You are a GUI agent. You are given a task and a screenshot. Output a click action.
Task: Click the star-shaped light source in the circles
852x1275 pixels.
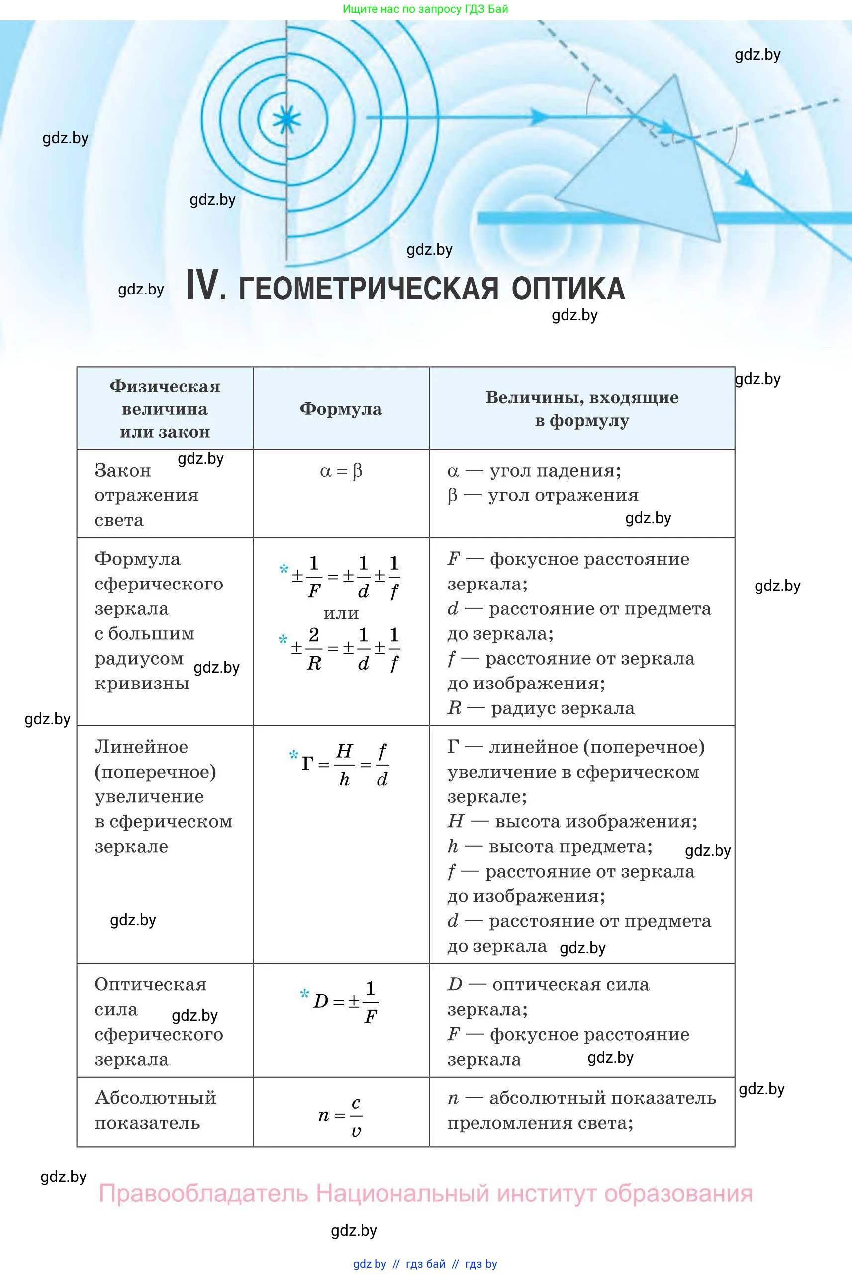click(286, 119)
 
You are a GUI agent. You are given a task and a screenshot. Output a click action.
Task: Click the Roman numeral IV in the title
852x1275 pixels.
click(205, 287)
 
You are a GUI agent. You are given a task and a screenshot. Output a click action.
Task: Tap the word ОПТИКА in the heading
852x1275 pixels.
click(568, 288)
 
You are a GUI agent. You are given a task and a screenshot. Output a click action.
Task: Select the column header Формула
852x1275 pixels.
click(341, 409)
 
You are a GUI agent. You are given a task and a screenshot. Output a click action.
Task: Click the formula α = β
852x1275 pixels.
click(341, 471)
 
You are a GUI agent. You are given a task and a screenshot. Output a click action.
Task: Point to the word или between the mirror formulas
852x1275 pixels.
click(341, 613)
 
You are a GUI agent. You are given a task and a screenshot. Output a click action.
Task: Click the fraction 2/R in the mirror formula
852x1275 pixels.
click(313, 648)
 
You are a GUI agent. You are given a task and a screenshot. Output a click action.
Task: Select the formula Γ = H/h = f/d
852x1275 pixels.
click(345, 764)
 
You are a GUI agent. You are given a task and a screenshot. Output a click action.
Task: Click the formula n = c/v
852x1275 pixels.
click(341, 1116)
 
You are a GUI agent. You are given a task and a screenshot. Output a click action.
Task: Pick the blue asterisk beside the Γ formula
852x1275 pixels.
click(293, 755)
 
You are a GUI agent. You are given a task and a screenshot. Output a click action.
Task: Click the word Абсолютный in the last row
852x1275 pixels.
click(155, 1098)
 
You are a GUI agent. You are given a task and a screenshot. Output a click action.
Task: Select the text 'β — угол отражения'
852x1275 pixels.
click(542, 495)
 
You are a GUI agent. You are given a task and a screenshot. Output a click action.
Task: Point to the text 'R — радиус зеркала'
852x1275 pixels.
click(541, 708)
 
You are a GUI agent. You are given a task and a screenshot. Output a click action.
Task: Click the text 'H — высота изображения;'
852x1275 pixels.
click(572, 821)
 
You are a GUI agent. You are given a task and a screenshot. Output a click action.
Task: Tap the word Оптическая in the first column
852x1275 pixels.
click(151, 984)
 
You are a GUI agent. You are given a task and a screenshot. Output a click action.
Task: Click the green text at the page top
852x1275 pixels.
click(425, 9)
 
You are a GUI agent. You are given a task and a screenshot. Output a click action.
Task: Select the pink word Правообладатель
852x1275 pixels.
click(203, 1194)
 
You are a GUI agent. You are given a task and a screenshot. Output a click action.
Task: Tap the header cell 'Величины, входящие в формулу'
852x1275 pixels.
click(581, 409)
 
